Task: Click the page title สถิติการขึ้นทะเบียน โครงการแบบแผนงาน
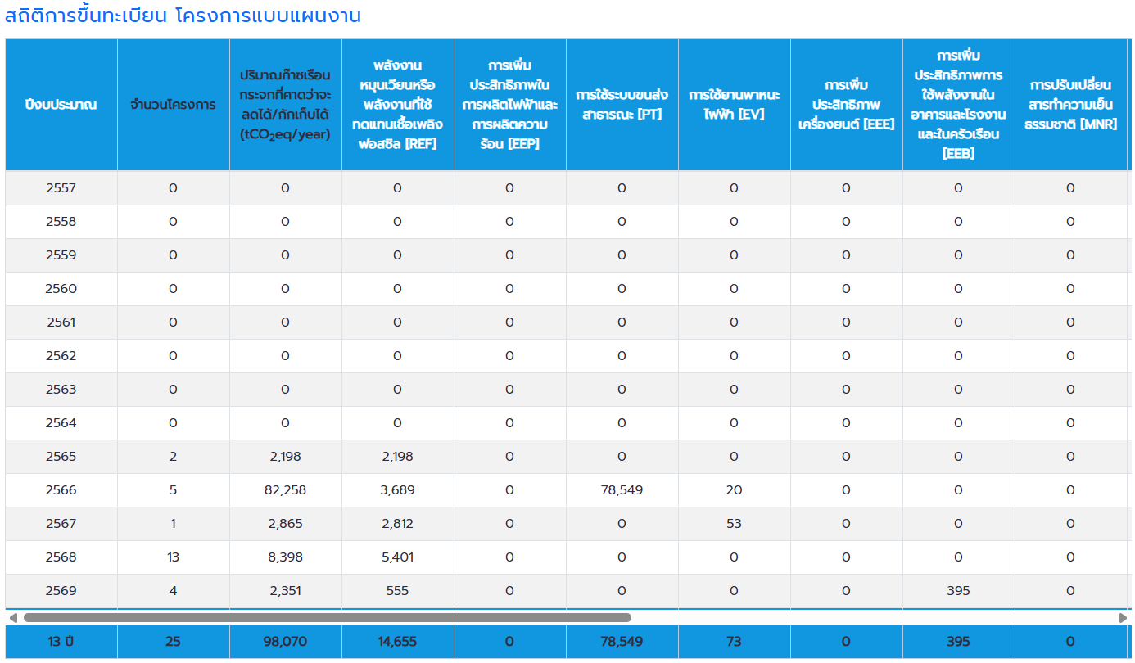(183, 16)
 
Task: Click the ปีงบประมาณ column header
(61, 105)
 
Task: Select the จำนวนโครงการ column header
(173, 105)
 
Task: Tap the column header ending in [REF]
(397, 105)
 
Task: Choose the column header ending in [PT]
(622, 105)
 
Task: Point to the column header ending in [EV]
(734, 105)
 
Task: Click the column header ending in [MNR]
(1070, 105)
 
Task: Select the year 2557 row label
(61, 188)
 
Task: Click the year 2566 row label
(61, 490)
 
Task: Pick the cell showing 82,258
(285, 490)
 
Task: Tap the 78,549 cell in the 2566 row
(622, 490)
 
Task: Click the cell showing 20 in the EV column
(734, 490)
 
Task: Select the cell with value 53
(734, 524)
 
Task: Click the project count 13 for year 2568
(173, 557)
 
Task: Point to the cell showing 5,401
(397, 557)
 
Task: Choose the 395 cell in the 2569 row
(958, 591)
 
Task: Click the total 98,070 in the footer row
(285, 642)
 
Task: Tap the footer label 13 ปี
(61, 642)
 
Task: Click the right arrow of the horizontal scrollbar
(1123, 618)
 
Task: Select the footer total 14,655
(397, 642)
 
